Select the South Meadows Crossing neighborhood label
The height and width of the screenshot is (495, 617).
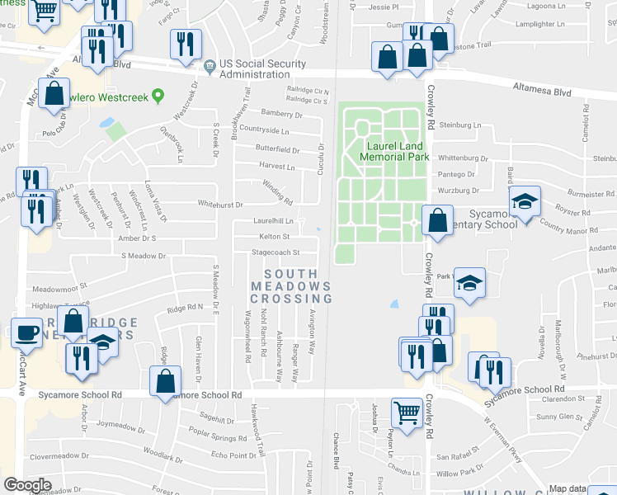click(291, 285)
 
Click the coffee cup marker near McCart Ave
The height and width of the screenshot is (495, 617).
click(26, 333)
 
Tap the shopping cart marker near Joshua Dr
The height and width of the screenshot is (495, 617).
click(406, 412)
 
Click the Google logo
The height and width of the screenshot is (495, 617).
click(27, 485)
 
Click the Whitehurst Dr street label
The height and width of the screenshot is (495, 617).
click(220, 204)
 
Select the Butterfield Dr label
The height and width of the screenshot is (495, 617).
click(276, 150)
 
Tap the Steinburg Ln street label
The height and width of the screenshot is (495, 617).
click(459, 125)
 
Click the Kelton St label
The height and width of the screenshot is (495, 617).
click(274, 237)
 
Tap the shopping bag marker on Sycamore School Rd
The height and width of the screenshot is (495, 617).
click(165, 380)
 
